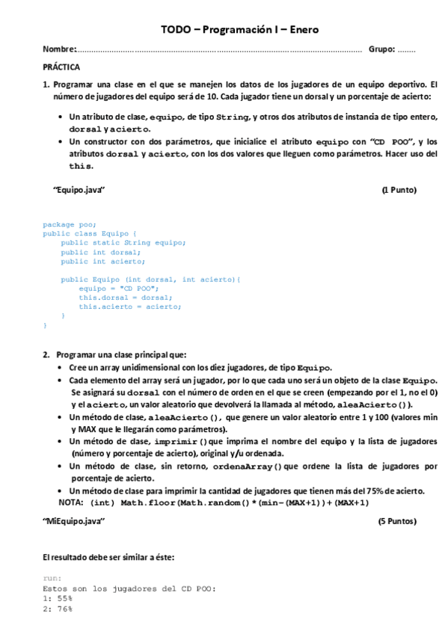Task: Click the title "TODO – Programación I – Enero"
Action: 240,30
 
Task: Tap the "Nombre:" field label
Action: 60,49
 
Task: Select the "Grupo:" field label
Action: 381,49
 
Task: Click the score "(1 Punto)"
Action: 399,190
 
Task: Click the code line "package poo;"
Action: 70,224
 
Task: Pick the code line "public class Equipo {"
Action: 90,233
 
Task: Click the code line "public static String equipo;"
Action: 123,242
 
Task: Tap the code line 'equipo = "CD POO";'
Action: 118,289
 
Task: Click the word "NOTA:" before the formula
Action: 71,502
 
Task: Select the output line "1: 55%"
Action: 58,599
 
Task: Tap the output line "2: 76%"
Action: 58,609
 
